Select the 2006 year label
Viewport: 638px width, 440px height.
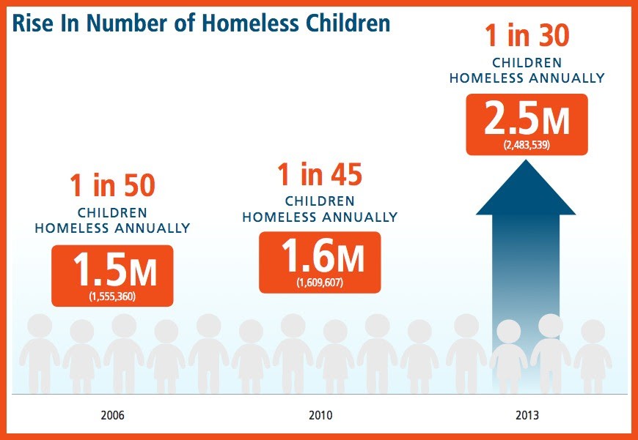(x=112, y=415)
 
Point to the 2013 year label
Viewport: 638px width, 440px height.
(x=527, y=415)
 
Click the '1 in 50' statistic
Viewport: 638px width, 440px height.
(x=112, y=186)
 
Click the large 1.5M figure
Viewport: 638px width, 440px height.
(x=112, y=269)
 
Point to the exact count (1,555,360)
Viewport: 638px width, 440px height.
(x=112, y=296)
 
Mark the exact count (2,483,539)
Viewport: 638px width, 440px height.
(x=527, y=145)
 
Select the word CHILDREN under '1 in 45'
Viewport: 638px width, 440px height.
(x=320, y=201)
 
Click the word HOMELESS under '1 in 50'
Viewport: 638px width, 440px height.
(x=73, y=228)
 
